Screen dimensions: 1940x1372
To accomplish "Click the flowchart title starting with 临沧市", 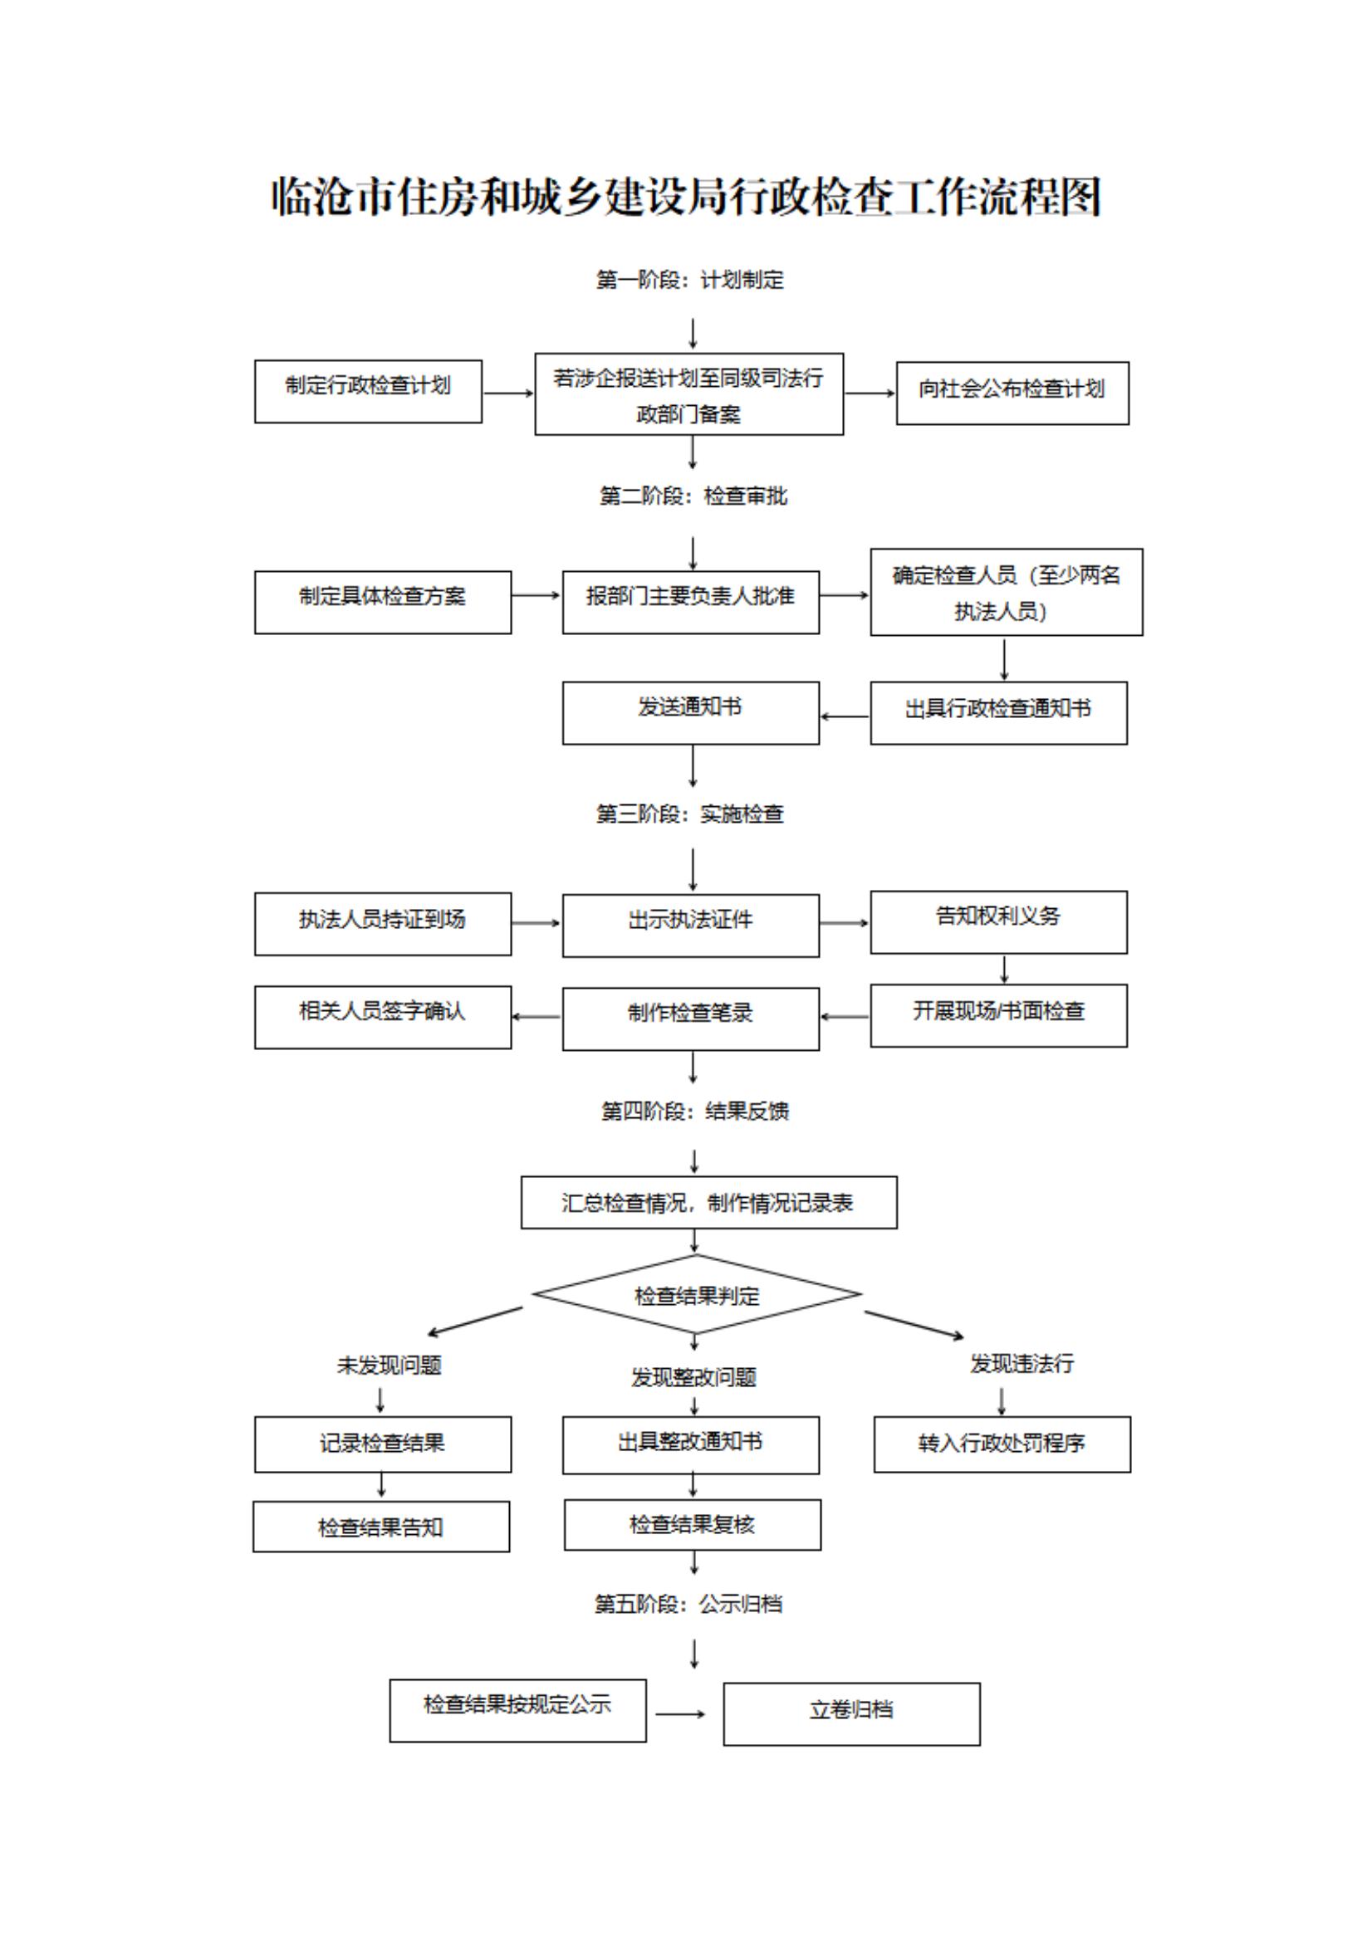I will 685,198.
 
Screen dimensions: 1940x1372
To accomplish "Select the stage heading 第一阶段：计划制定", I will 690,280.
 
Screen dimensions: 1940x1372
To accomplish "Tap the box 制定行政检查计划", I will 368,391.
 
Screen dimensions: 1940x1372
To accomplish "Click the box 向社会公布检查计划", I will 1012,393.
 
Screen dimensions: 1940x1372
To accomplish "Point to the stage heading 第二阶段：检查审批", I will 693,496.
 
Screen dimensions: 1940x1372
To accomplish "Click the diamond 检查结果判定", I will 697,1295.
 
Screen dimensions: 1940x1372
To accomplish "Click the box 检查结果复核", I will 693,1524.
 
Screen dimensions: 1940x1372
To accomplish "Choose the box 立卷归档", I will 851,1713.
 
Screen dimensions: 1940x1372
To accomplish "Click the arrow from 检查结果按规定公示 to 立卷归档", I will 680,1713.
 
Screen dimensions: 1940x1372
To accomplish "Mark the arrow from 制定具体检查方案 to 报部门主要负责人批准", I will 536,596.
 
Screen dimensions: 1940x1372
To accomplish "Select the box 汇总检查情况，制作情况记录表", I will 708,1201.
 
